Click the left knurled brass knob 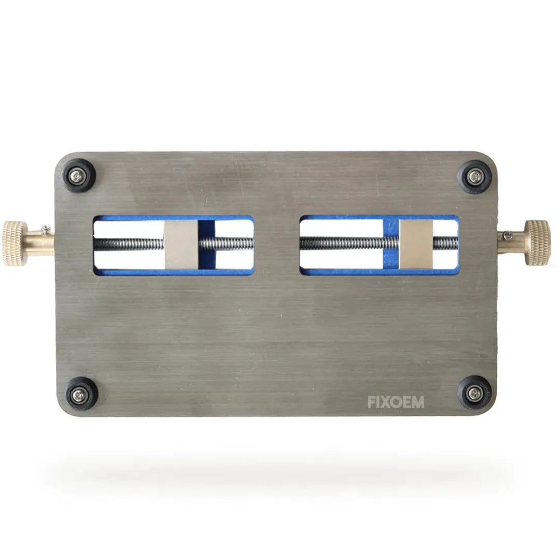[x=15, y=243]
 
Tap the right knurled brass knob [x=537, y=242]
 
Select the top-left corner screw [x=79, y=176]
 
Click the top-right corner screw [x=474, y=176]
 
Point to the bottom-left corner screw [x=80, y=393]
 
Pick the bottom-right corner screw [x=474, y=393]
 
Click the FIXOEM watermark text [x=396, y=402]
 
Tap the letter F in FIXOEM [x=372, y=402]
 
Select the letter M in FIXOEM [x=417, y=402]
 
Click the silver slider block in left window [x=181, y=244]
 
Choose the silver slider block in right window [x=415, y=243]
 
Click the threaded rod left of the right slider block [x=342, y=243]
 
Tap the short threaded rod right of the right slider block [x=445, y=243]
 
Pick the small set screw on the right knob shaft [x=507, y=235]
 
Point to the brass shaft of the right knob [x=511, y=242]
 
